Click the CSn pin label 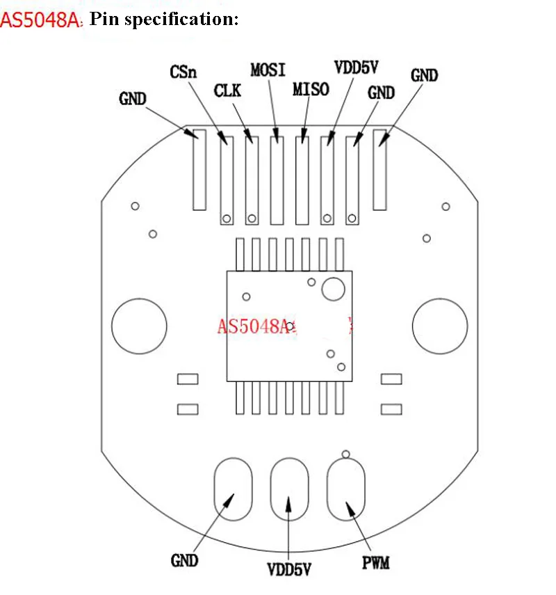point(183,72)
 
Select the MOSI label point(268,70)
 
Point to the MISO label point(311,89)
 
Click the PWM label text point(375,561)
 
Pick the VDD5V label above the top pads point(357,68)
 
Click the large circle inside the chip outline point(334,289)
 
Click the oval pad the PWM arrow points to point(345,489)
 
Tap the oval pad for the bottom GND point(232,489)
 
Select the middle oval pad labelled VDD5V point(288,489)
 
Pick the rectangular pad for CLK point(252,177)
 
